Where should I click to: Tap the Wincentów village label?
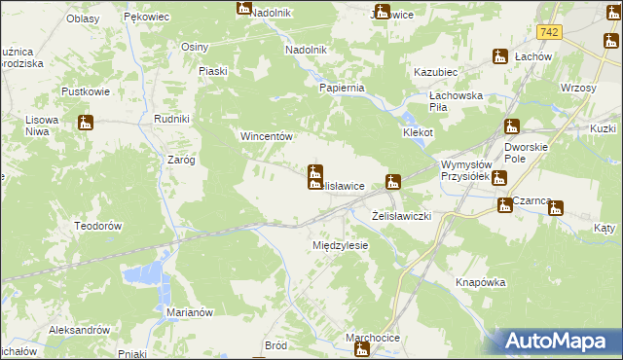[268, 137]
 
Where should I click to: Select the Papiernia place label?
[342, 88]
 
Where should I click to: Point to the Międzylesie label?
[340, 245]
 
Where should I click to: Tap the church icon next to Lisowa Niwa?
[86, 124]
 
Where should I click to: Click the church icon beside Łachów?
[501, 56]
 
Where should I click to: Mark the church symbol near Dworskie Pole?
[512, 126]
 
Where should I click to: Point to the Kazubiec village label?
[436, 73]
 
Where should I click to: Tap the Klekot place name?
[418, 131]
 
